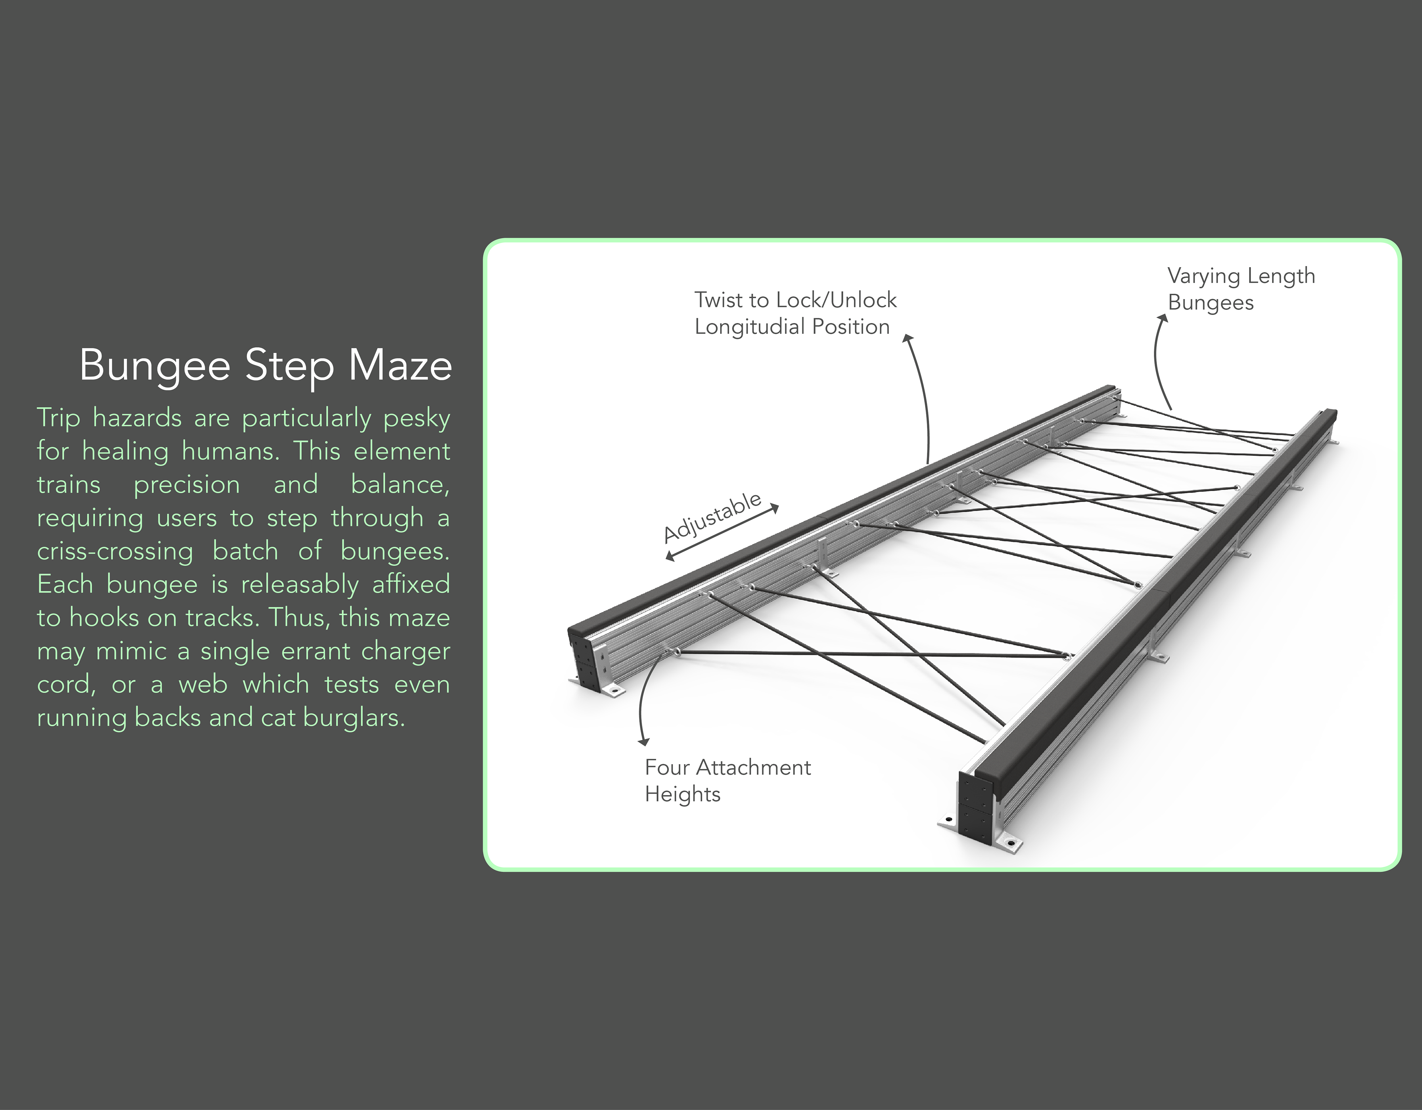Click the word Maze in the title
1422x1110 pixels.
tap(400, 366)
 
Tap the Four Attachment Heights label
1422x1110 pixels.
tap(727, 780)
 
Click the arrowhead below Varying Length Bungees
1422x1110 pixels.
tap(1162, 318)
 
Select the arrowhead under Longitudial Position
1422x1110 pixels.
tap(908, 338)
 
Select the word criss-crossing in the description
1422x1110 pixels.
tap(114, 552)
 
